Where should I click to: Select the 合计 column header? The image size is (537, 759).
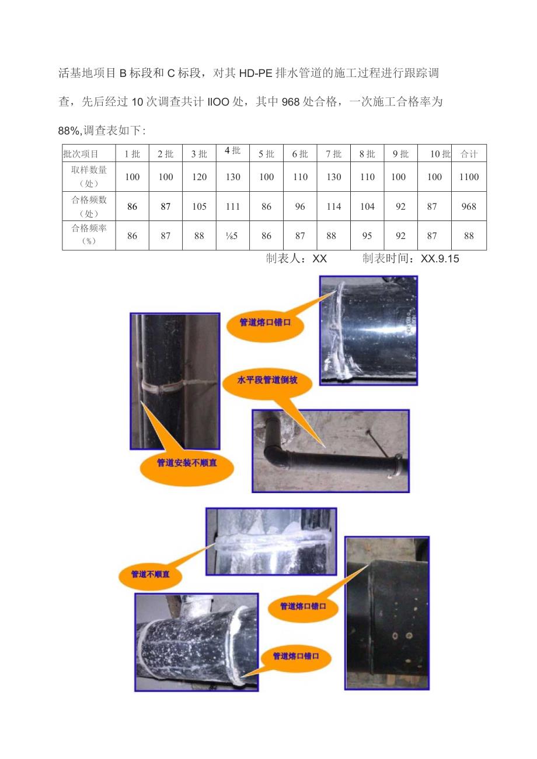pos(469,154)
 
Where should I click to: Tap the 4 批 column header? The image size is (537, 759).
pos(232,151)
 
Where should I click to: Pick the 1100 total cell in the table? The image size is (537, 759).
pos(469,177)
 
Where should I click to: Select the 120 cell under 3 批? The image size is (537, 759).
pos(199,177)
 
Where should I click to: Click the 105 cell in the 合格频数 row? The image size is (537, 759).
pos(199,206)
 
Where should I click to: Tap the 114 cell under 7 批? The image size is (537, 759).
pos(333,206)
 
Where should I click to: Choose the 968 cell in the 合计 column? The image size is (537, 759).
pos(469,206)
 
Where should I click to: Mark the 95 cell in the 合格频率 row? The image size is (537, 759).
pos(367,236)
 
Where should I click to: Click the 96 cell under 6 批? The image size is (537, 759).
pos(299,206)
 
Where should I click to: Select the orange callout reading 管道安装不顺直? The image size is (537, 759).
pos(187,463)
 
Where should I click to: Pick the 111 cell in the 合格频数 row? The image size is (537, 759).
pos(232,206)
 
